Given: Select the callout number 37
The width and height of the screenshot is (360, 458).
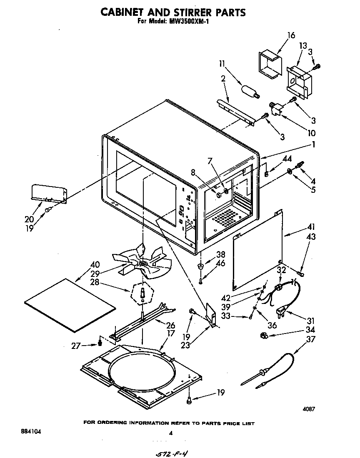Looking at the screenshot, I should pyautogui.click(x=310, y=339).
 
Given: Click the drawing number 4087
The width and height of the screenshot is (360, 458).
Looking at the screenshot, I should pyautogui.click(x=309, y=409).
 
